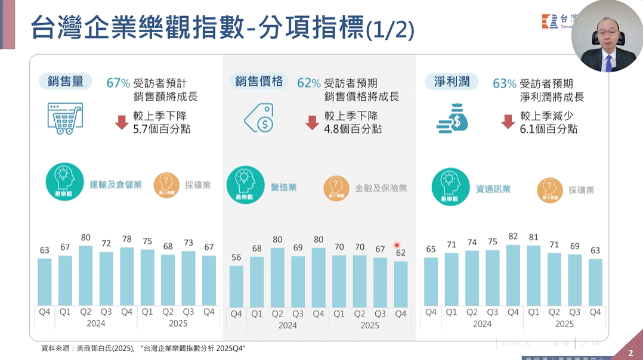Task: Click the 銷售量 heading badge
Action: pyautogui.click(x=66, y=81)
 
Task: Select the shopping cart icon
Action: pyautogui.click(x=65, y=117)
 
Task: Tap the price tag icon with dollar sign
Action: pyautogui.click(x=259, y=118)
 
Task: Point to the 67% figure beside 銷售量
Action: pyautogui.click(x=118, y=83)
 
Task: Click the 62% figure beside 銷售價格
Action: pyautogui.click(x=309, y=83)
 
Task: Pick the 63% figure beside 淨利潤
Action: pyautogui.click(x=504, y=83)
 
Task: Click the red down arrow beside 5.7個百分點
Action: pyautogui.click(x=122, y=122)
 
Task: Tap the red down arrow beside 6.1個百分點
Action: pyautogui.click(x=508, y=122)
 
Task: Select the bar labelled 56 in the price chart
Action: pyautogui.click(x=236, y=286)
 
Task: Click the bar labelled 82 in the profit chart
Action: pyautogui.click(x=513, y=275)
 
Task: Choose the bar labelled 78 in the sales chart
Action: pyautogui.click(x=127, y=277)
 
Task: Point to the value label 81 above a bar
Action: pyautogui.click(x=533, y=237)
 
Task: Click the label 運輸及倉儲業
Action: pyautogui.click(x=116, y=185)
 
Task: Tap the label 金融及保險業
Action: pyautogui.click(x=381, y=188)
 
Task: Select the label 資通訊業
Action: pyautogui.click(x=493, y=190)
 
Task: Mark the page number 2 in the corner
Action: pyautogui.click(x=630, y=353)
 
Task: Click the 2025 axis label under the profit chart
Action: pyautogui.click(x=564, y=324)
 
